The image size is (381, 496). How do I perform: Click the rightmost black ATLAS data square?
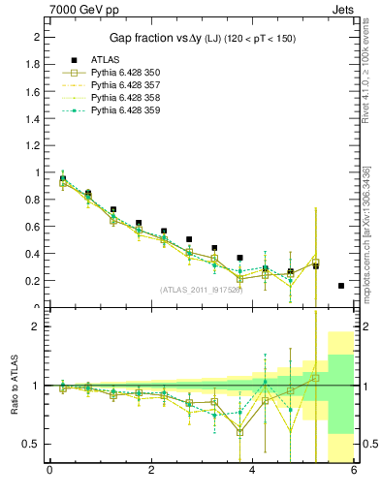coord(341,286)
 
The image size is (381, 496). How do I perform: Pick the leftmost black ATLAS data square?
coord(63,178)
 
